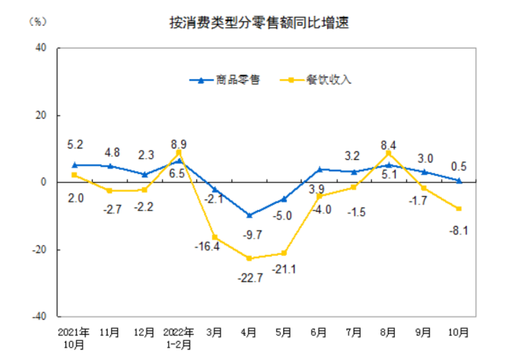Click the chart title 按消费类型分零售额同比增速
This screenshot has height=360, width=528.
pos(263,23)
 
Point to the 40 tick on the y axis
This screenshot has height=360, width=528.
pos(40,48)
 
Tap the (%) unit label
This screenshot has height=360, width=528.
pos(37,21)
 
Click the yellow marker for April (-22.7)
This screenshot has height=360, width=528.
pos(249,258)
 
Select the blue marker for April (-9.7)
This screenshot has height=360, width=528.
pos(249,215)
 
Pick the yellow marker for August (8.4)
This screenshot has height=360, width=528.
pos(389,154)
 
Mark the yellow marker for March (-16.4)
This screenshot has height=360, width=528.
pos(214,237)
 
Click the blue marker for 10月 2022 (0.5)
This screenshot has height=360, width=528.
pos(459,181)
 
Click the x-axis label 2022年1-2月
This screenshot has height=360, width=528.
pos(179,337)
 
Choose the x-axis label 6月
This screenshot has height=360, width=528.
pos(319,333)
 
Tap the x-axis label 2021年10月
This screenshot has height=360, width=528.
pos(74,337)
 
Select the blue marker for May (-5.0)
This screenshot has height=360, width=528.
pos(284,199)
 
